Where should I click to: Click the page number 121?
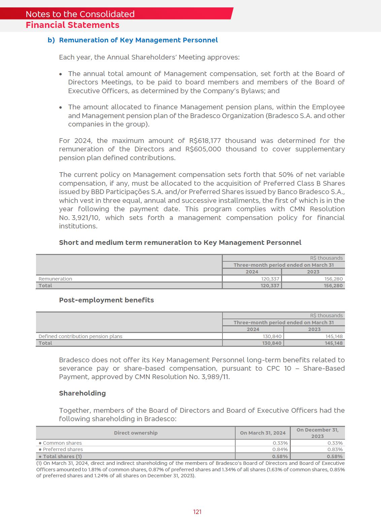click(x=197, y=512)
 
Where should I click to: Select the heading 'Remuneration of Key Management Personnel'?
click(x=138, y=40)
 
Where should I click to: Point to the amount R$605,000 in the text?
click(x=203, y=149)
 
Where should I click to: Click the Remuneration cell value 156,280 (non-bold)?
click(x=333, y=279)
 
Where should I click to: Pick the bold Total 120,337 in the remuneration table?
click(x=270, y=286)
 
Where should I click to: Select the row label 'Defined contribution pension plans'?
click(x=80, y=336)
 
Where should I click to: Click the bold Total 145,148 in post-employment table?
click(x=334, y=343)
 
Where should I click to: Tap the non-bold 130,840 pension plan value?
click(x=272, y=336)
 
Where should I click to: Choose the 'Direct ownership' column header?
click(x=136, y=433)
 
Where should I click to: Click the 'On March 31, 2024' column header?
click(x=263, y=433)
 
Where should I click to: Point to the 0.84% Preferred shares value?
click(x=280, y=449)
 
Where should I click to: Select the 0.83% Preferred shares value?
click(x=335, y=449)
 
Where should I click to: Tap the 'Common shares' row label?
click(x=62, y=443)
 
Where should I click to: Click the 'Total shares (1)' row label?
click(x=62, y=456)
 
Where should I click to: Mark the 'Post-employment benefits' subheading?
click(x=106, y=300)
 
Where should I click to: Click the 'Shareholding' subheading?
click(x=82, y=393)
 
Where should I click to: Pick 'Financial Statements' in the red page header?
click(x=72, y=25)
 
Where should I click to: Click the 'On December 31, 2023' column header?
click(x=317, y=433)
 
